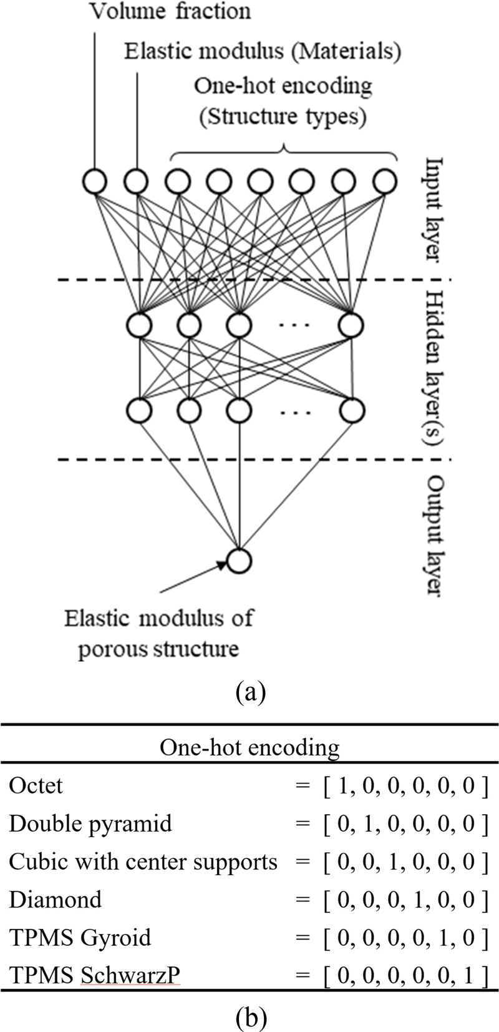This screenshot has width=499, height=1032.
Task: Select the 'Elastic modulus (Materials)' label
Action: pyautogui.click(x=262, y=52)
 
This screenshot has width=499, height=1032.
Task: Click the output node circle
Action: pyautogui.click(x=239, y=560)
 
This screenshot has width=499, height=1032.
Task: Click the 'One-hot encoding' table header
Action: pyautogui.click(x=249, y=747)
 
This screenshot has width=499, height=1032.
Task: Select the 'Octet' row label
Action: pyautogui.click(x=36, y=785)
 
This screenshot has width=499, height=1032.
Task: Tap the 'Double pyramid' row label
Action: pyautogui.click(x=90, y=823)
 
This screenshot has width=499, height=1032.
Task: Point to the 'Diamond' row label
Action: pyautogui.click(x=55, y=900)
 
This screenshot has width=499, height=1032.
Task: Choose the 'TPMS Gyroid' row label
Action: pyautogui.click(x=80, y=938)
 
